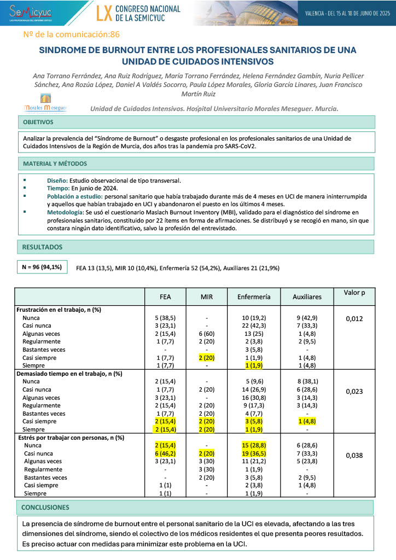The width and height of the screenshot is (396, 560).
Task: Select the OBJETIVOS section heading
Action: (38, 122)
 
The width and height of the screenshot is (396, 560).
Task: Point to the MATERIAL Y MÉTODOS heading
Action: (55, 164)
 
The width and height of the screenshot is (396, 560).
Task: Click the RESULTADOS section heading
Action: (42, 247)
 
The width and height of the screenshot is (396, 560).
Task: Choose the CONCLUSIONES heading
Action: (45, 507)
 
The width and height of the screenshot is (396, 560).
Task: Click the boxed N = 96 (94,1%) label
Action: (42, 267)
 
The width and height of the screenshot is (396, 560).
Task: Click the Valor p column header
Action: (354, 293)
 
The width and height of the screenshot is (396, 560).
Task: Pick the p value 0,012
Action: (354, 318)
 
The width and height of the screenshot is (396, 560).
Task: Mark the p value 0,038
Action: (354, 454)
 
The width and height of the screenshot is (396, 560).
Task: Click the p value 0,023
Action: (354, 391)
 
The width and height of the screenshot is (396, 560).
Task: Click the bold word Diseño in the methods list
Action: (58, 180)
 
